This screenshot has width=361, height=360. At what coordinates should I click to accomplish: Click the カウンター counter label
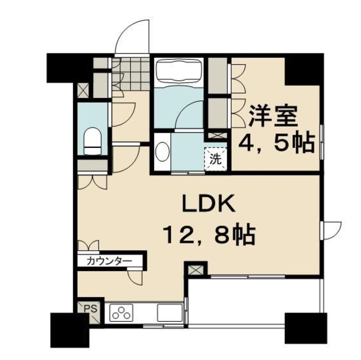tap(110, 261)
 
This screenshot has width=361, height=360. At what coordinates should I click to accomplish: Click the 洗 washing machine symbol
tap(216, 157)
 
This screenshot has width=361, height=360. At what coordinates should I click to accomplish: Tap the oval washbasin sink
tap(162, 152)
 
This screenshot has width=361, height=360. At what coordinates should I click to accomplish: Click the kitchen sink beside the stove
tap(169, 312)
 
